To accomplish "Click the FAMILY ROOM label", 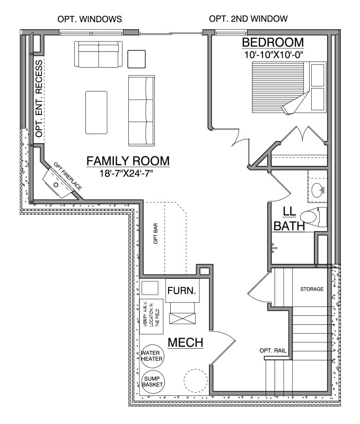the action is (x=128, y=161).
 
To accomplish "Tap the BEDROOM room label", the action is (x=273, y=42).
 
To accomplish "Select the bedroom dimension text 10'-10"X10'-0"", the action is (x=273, y=55).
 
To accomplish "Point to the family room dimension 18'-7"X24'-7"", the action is (x=126, y=173).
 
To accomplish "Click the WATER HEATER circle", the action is (x=152, y=356).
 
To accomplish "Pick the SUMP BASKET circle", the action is (x=152, y=382).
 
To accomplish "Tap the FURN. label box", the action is (x=182, y=290).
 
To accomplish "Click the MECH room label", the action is (x=186, y=342).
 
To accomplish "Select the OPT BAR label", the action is (x=155, y=233).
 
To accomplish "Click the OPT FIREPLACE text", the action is (x=67, y=176).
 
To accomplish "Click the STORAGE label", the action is (x=312, y=289).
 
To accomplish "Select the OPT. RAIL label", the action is (x=273, y=350).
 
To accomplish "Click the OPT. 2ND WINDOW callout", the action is (x=248, y=19).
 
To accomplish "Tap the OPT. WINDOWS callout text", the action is (x=90, y=19).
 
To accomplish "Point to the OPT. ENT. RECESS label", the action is (x=39, y=99).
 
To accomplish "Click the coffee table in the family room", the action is (x=96, y=112).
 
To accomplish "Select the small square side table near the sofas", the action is (x=137, y=59).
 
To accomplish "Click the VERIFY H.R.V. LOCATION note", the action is (x=152, y=316).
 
